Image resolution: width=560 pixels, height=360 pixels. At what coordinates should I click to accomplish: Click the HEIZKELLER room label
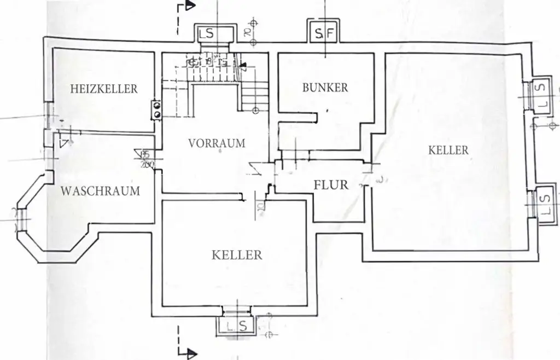coord(104,89)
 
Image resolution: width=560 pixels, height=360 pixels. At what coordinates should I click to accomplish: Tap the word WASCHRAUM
coord(100,191)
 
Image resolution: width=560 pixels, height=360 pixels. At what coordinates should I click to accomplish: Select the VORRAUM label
coord(217,143)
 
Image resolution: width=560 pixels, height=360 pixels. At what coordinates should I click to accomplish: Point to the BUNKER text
coord(325,88)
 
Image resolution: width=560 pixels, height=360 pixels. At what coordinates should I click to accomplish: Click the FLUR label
coord(331,185)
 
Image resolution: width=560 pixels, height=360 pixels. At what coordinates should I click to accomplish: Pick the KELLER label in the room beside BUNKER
coord(448,150)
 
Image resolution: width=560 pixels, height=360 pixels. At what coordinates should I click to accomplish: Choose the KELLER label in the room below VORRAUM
coord(237,255)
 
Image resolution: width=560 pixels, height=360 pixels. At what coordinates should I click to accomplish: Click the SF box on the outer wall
coord(324,34)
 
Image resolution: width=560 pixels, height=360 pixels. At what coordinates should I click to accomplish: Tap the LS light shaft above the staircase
coord(207,33)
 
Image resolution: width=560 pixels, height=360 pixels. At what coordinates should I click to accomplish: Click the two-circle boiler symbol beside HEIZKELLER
coord(157,109)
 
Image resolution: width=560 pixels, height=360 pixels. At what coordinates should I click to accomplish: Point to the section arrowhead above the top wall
coord(190,5)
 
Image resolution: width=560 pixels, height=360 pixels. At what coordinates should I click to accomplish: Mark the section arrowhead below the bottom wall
coord(190,353)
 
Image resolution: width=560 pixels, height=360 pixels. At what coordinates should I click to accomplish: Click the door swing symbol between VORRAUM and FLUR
coord(254,167)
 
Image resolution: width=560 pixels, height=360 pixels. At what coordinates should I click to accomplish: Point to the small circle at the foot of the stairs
coord(255,111)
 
